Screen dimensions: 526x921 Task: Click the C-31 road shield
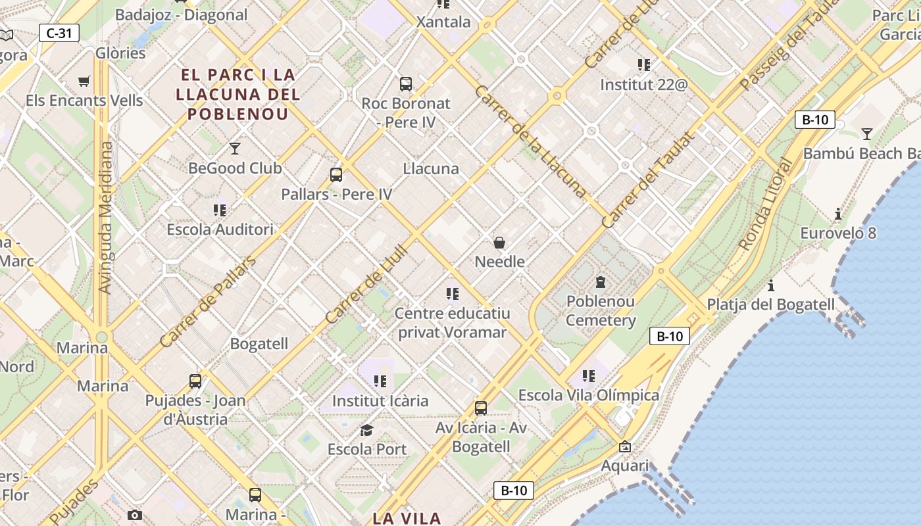tap(59, 32)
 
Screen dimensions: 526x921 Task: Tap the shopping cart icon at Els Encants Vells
tap(84, 82)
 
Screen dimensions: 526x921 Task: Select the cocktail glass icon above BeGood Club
tap(235, 148)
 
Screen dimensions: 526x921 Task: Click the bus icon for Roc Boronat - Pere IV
tap(406, 84)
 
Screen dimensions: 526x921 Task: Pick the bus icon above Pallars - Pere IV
tap(336, 175)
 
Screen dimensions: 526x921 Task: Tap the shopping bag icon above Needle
tap(499, 243)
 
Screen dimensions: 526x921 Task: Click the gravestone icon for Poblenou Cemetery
tap(600, 282)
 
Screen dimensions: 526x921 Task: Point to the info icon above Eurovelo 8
tap(837, 214)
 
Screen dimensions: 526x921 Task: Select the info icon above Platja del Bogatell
tap(770, 285)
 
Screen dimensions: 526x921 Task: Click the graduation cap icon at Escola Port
tap(366, 430)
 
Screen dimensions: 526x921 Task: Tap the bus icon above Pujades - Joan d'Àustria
tap(195, 381)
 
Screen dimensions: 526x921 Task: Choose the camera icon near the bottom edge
tap(135, 515)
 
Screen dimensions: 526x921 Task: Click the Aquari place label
tap(625, 466)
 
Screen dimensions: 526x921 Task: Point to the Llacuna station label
tap(431, 169)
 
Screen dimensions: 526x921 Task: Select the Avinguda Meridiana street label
tap(105, 217)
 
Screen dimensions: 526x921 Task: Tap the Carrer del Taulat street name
tap(649, 180)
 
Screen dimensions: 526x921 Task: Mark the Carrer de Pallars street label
tap(207, 302)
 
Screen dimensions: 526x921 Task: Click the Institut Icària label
tap(380, 400)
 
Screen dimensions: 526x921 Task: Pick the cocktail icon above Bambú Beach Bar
tap(867, 134)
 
